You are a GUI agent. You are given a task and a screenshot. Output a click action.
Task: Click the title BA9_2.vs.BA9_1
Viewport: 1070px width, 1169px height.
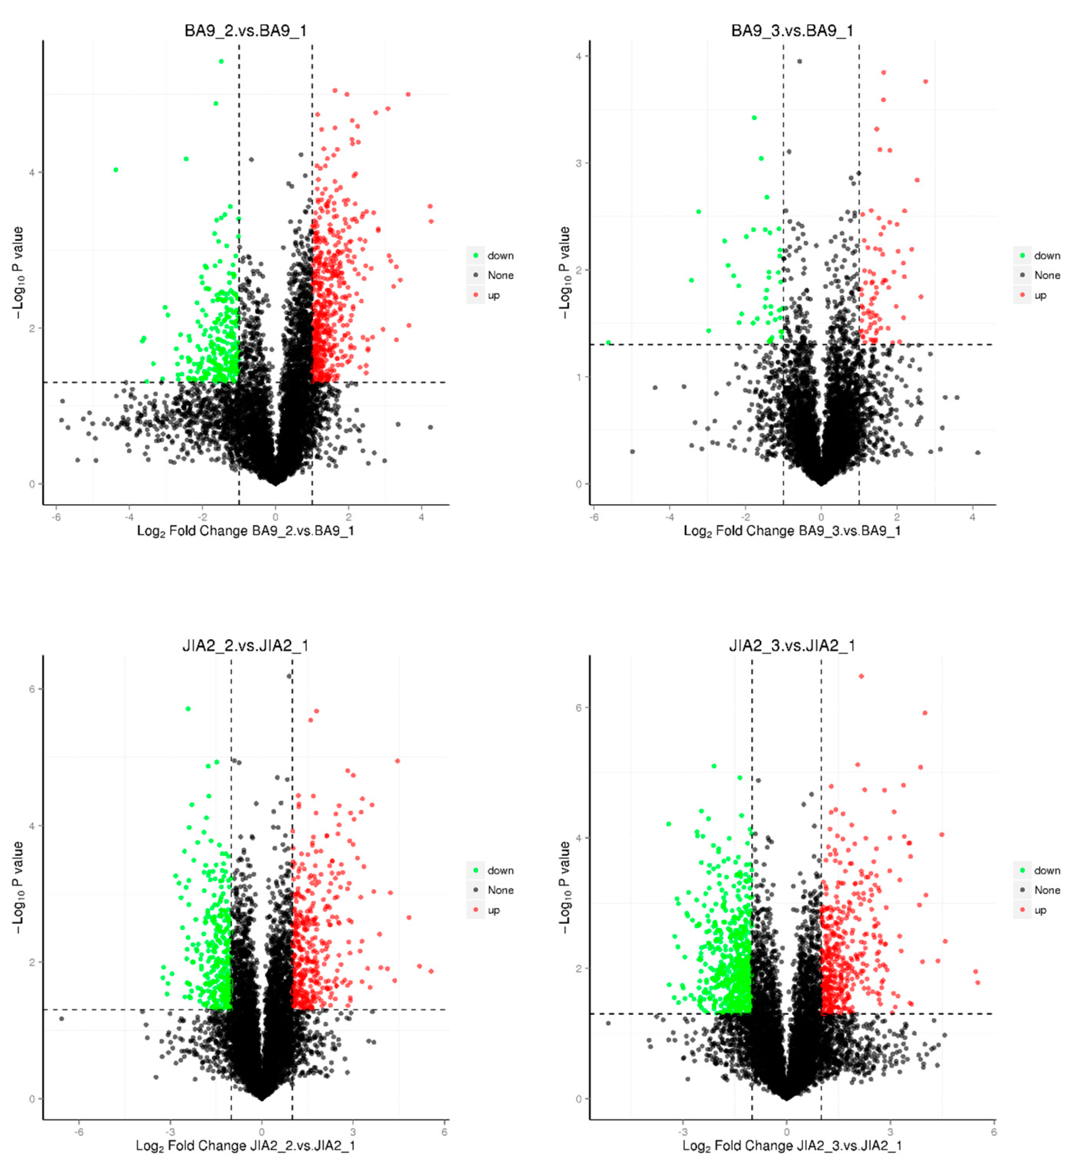pos(245,31)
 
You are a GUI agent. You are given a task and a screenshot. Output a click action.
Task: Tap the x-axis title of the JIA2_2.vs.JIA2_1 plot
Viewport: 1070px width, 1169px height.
pos(245,1145)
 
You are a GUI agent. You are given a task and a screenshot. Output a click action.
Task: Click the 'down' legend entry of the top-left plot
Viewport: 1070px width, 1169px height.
pos(500,256)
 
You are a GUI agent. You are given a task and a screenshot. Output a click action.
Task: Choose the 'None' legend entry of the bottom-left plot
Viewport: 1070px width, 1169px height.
pos(500,890)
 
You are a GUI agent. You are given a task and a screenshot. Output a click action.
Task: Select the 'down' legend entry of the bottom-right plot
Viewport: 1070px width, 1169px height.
pos(1047,870)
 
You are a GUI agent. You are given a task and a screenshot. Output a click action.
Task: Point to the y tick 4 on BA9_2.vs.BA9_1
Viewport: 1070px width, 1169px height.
pos(32,172)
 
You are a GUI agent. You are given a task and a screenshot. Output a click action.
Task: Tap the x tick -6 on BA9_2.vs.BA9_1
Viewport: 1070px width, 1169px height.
pos(56,517)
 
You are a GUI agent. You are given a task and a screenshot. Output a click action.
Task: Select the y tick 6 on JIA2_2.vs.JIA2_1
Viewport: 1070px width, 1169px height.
pos(32,689)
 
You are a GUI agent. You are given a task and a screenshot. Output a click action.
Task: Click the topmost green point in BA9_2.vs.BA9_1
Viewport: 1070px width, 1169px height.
pos(221,61)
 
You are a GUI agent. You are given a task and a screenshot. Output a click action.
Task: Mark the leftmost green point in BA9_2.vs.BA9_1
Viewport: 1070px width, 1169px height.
pos(116,170)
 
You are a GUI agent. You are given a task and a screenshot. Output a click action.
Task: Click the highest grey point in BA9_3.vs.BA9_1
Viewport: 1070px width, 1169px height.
pos(800,61)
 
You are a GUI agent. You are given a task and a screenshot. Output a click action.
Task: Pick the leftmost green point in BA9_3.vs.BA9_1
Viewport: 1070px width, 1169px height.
pos(608,343)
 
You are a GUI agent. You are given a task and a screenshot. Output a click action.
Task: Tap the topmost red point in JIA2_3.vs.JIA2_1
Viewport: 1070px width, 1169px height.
pos(861,676)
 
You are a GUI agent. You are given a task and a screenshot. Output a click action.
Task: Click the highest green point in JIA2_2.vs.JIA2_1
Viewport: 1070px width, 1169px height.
pos(188,708)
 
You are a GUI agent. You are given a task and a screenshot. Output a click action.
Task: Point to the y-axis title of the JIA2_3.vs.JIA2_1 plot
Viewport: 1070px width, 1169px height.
pos(564,887)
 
